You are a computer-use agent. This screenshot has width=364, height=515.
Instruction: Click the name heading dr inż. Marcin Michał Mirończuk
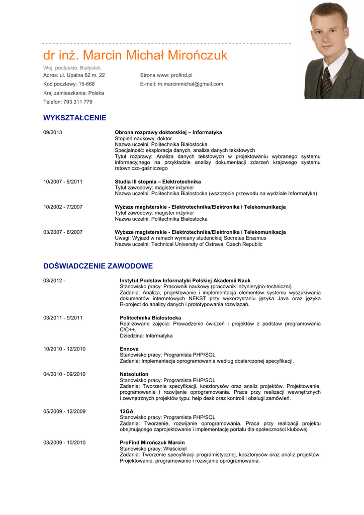coord(135,55)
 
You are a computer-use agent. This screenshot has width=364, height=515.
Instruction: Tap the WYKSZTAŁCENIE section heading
coord(75,118)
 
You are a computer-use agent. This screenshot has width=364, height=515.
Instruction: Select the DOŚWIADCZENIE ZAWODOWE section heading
coord(98,266)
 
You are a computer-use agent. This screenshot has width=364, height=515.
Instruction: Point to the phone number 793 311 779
coord(78,102)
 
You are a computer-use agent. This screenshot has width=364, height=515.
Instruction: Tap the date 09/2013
coord(53,132)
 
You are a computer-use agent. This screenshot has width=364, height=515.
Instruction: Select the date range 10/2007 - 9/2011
coord(63,182)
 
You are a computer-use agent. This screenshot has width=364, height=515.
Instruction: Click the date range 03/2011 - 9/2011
coord(63,318)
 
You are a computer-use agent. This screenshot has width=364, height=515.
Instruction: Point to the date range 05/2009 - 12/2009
coord(64,411)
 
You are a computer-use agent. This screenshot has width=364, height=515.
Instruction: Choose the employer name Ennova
coord(129,349)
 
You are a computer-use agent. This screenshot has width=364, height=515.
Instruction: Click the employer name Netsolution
coord(134,374)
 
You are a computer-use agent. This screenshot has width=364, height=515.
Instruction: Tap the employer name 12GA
coord(126,411)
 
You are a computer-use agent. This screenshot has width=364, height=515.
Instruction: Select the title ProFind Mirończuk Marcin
coord(152,443)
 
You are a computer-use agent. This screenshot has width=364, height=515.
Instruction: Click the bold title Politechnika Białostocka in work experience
coord(150,318)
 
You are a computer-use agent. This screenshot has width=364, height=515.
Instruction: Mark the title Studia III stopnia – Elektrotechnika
coord(158,182)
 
